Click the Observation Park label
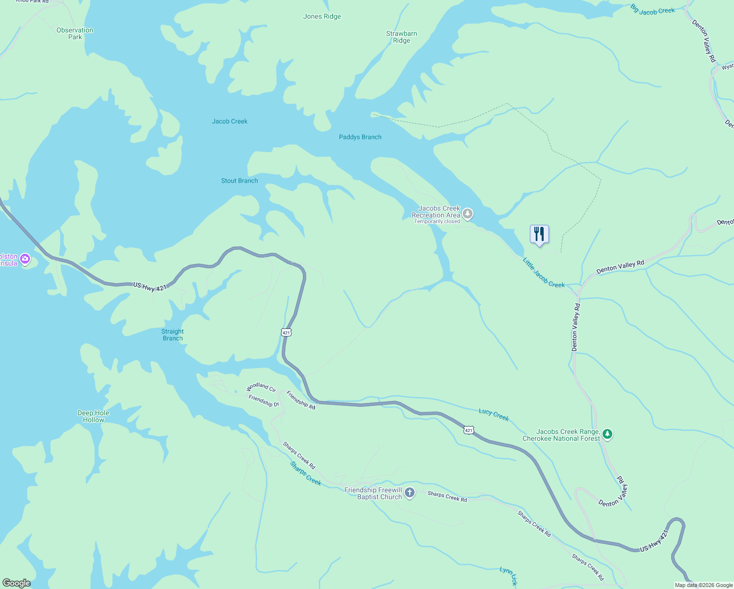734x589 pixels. pyautogui.click(x=75, y=33)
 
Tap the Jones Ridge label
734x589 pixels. pyautogui.click(x=322, y=16)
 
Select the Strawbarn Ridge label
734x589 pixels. pyautogui.click(x=401, y=37)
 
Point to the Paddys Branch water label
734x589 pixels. pyautogui.click(x=360, y=137)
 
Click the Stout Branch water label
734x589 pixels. pyautogui.click(x=239, y=181)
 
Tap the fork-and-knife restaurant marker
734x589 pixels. pyautogui.click(x=539, y=234)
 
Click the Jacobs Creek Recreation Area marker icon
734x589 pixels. pyautogui.click(x=468, y=214)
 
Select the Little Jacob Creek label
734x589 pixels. pyautogui.click(x=544, y=273)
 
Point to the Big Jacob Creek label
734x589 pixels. pyautogui.click(x=653, y=10)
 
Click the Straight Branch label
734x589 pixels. pyautogui.click(x=173, y=335)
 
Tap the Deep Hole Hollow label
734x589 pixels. pyautogui.click(x=93, y=416)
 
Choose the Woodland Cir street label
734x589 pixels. pyautogui.click(x=261, y=387)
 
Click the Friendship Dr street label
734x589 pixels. pyautogui.click(x=263, y=401)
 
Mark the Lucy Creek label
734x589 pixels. pyautogui.click(x=494, y=415)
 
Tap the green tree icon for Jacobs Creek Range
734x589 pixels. pyautogui.click(x=607, y=434)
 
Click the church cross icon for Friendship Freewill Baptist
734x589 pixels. pyautogui.click(x=410, y=492)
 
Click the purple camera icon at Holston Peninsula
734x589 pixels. pyautogui.click(x=25, y=259)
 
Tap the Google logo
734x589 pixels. pyautogui.click(x=17, y=583)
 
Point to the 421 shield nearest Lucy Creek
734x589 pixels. pyautogui.click(x=469, y=430)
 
